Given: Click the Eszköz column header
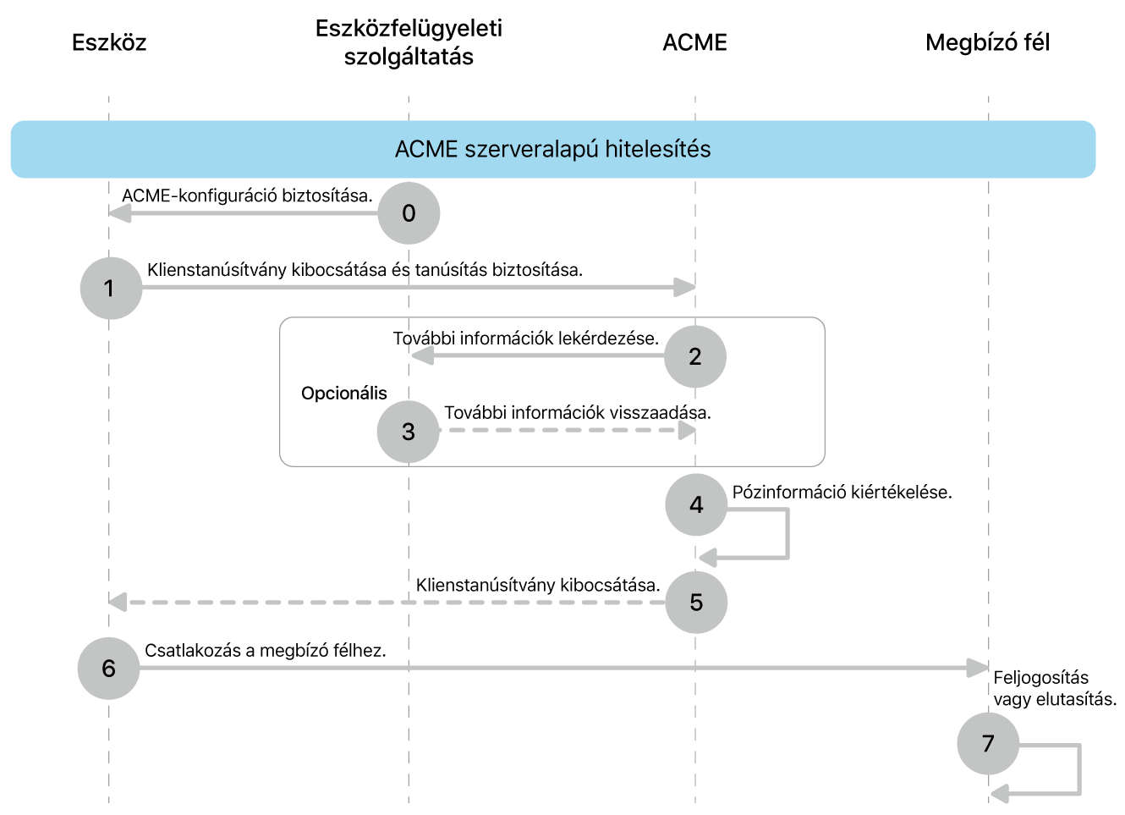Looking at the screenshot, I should point(109,42).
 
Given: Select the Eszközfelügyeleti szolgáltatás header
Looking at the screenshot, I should point(409,42).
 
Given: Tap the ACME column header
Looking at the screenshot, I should point(694,42).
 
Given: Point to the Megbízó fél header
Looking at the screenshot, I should point(987,42).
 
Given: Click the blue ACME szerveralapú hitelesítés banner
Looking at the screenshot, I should point(553,149).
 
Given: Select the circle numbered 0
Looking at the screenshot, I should point(409,213).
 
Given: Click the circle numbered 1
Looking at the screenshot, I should point(111,289).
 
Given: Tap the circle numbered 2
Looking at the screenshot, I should point(695,356).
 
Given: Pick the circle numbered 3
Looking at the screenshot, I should point(409,432).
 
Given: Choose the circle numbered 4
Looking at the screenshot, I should point(696,505).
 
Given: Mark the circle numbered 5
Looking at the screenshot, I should point(696,603).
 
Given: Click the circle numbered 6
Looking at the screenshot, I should point(108,669).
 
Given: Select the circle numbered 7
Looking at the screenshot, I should point(988,744).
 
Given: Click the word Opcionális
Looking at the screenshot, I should point(343,394).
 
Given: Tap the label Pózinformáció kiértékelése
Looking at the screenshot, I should point(842,493).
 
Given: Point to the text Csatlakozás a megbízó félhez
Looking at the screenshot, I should point(265,651).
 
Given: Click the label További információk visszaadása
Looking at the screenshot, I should point(577,413).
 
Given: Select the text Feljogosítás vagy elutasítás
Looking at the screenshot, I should point(1054,688).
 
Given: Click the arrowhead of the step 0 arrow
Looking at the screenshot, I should point(119,213).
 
